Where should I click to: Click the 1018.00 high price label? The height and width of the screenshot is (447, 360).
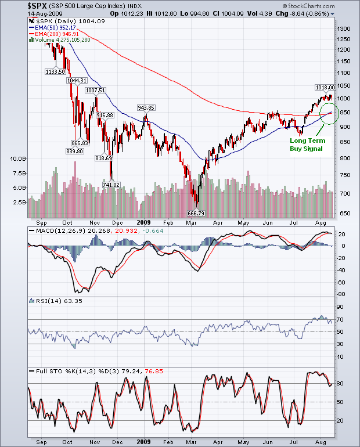point(325,87)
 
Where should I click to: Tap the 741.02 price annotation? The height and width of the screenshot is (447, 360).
point(111,185)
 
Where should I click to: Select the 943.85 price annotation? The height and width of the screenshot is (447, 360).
point(146,107)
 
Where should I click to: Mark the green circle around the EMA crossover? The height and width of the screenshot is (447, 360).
point(329,113)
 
